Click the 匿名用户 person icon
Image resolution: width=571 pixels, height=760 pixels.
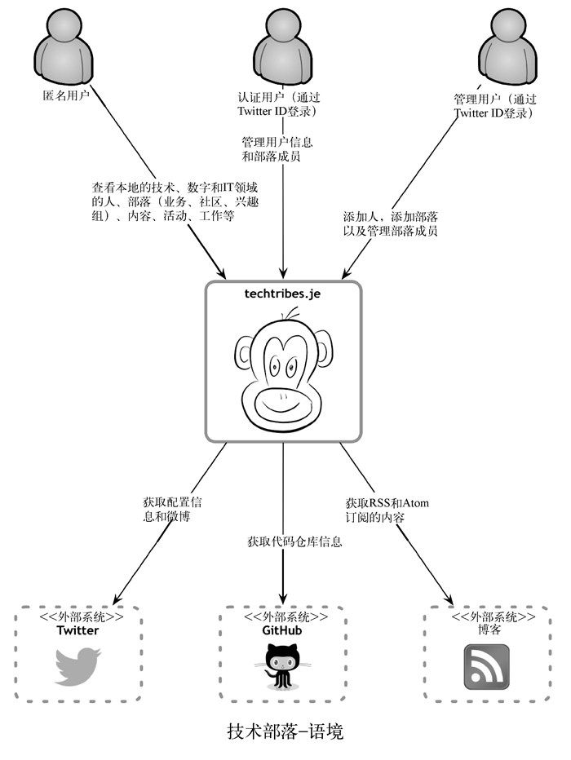click(64, 50)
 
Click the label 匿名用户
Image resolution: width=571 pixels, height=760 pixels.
click(65, 96)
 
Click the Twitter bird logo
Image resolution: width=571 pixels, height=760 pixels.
click(77, 665)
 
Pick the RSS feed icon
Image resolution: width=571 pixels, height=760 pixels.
click(486, 665)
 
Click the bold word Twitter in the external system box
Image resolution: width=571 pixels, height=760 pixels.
click(77, 630)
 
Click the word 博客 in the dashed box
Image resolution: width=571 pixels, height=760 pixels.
click(486, 630)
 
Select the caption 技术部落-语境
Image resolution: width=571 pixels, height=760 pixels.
click(285, 731)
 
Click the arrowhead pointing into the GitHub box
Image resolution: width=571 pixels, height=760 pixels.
click(283, 599)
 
